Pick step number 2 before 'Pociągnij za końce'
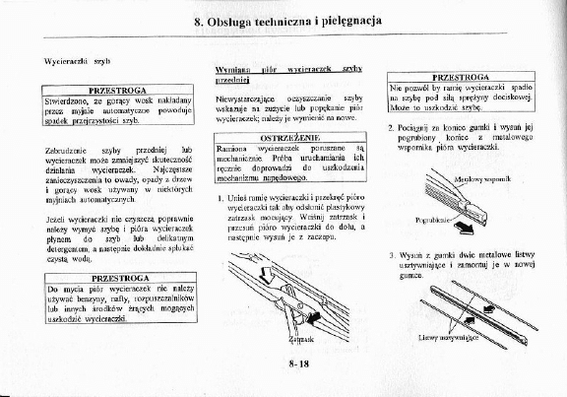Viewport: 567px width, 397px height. click(x=392, y=128)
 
